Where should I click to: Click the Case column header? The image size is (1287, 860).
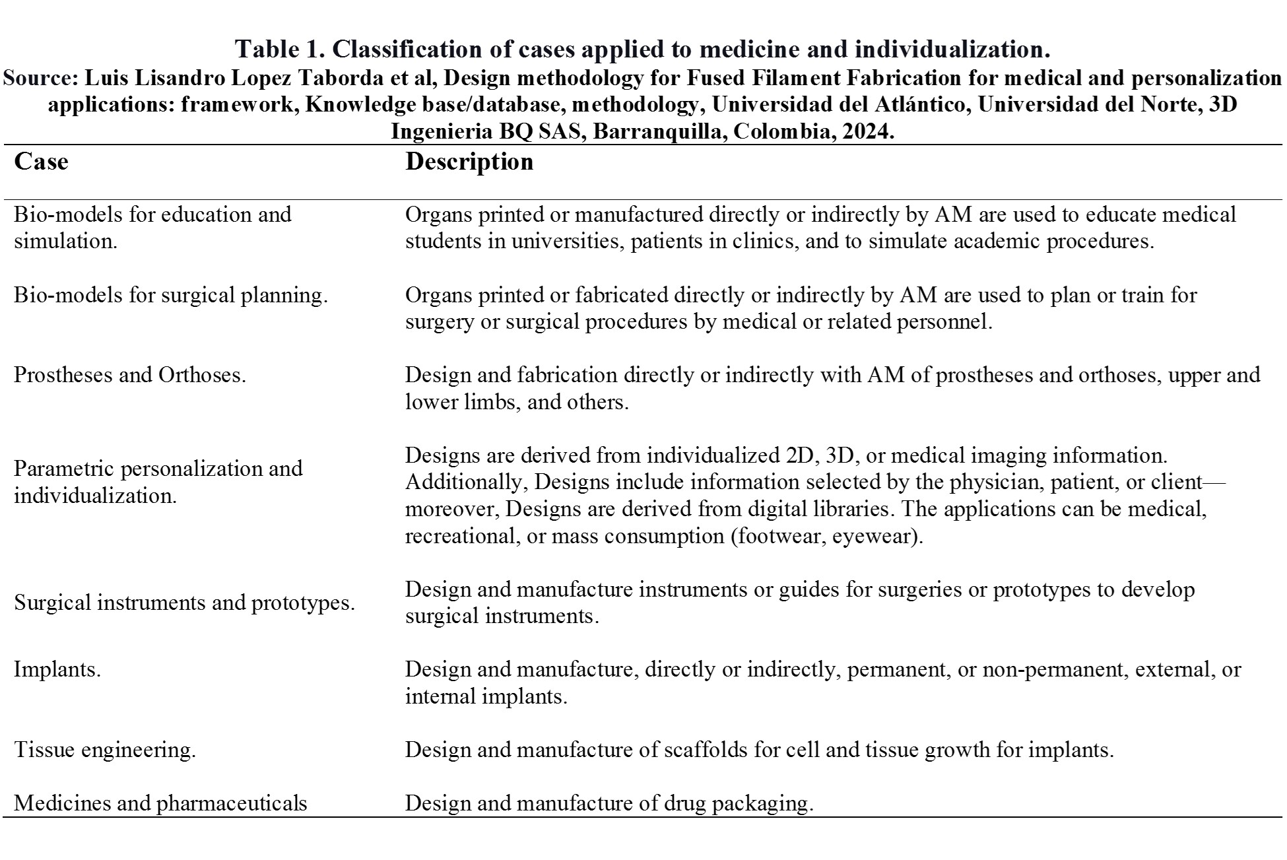click(41, 162)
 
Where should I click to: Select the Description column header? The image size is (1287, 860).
click(469, 162)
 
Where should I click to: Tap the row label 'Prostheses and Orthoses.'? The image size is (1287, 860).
click(130, 375)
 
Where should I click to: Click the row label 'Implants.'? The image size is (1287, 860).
click(57, 669)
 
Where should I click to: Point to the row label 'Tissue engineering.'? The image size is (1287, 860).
click(105, 750)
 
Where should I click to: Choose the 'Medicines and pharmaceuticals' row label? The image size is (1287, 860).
click(160, 803)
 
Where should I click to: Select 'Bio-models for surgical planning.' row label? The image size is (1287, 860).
click(171, 295)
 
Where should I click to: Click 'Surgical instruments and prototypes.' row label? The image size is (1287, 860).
click(185, 603)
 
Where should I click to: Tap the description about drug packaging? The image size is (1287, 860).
click(609, 803)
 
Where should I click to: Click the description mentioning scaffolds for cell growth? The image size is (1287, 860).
click(759, 750)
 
